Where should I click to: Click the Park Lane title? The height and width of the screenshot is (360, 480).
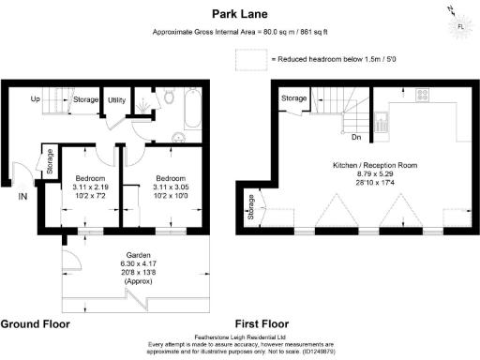click(239, 15)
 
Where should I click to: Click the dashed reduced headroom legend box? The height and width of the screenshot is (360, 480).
click(250, 59)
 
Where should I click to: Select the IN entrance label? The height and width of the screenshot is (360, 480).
click(22, 196)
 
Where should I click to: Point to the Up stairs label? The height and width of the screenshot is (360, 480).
click(35, 98)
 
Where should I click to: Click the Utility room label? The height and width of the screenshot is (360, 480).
click(117, 98)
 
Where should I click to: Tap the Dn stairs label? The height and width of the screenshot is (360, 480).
click(356, 138)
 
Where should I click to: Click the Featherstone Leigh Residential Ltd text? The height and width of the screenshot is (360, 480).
click(239, 335)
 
